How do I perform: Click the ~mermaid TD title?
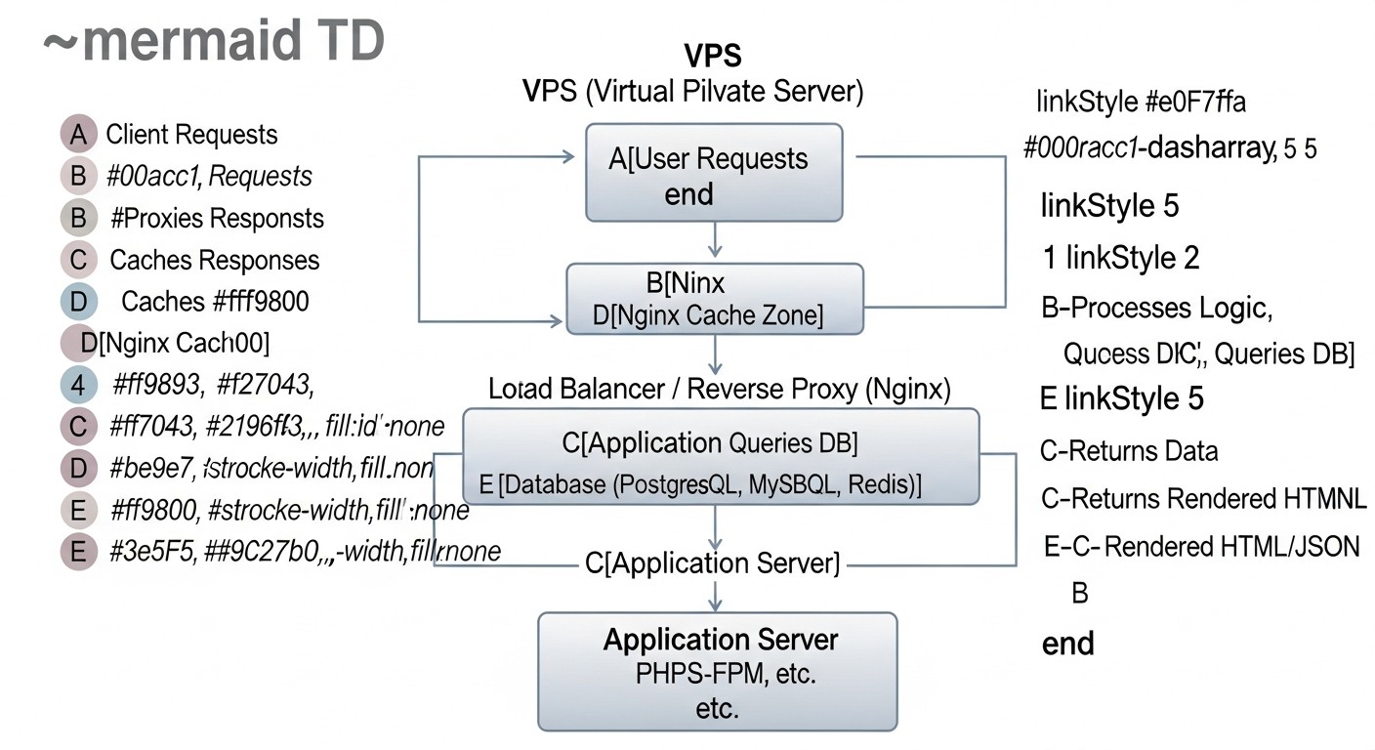coord(214,43)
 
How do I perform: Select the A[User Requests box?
coord(714,173)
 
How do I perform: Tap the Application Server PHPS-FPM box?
coord(718,672)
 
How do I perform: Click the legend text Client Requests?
coord(191,135)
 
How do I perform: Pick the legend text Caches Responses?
coord(214,260)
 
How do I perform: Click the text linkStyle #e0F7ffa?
coord(1140,102)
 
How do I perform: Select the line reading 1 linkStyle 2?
coord(1121,258)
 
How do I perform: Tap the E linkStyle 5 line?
coord(1123,398)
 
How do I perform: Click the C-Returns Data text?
coord(1130,451)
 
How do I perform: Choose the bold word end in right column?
coord(1068,644)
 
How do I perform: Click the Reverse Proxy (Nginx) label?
coord(720,390)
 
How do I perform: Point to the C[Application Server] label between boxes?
coord(713,562)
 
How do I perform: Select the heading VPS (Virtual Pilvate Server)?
coord(694,92)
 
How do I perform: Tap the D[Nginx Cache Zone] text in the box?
coord(709,315)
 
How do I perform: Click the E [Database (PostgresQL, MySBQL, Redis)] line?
coord(699,485)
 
